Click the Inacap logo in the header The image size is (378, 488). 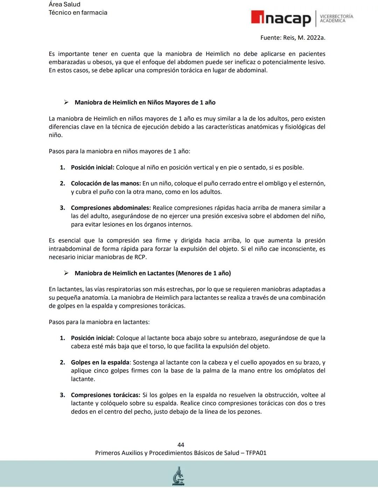coord(281,19)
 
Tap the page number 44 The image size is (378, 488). coord(181,445)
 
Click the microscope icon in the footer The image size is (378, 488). coord(178,476)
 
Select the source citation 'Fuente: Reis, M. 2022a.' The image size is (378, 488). coord(293,38)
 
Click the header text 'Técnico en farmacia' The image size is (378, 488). coord(78,13)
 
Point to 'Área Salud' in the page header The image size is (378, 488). coord(64,5)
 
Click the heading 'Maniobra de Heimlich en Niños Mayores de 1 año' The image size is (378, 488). coord(145,102)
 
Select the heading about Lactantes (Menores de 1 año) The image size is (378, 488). coord(153,273)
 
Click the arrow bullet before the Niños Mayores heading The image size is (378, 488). coord(66,102)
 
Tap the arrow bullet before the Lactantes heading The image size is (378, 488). coord(66,273)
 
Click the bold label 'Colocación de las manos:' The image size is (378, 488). coord(106,183)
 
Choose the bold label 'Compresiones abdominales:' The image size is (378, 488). coord(111,208)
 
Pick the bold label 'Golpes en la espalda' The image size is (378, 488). coord(100,363)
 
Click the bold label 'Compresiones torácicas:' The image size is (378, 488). coord(106,395)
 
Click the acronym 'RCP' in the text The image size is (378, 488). coord(140,257)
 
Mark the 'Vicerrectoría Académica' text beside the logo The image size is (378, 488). coord(336,19)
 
